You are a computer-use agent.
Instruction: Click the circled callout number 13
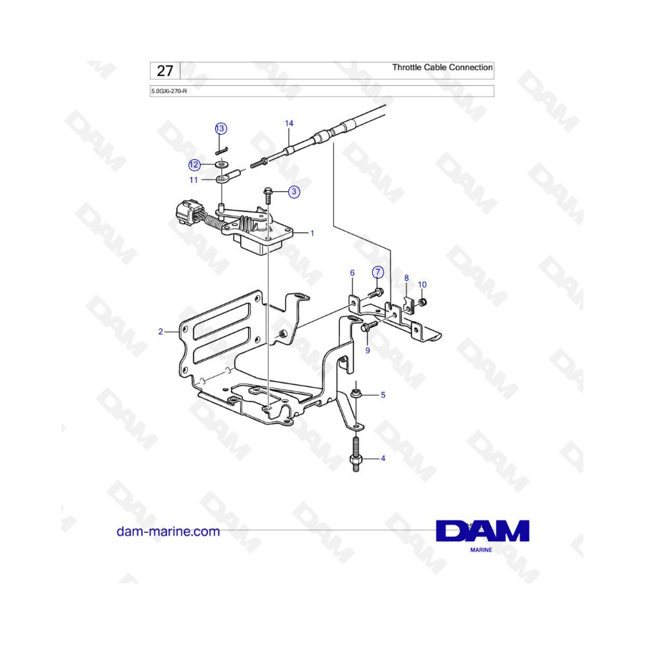(x=221, y=129)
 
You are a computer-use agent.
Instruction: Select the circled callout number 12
(x=193, y=165)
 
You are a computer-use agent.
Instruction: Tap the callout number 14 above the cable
(x=290, y=123)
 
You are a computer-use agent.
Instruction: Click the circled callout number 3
(x=294, y=191)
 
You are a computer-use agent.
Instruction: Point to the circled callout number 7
(x=378, y=272)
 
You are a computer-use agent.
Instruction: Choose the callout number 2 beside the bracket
(x=161, y=332)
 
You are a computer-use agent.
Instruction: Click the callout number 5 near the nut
(x=383, y=395)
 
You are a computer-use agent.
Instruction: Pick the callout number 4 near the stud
(x=383, y=458)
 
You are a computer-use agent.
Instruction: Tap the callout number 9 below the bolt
(x=368, y=350)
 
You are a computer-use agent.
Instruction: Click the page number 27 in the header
(x=165, y=71)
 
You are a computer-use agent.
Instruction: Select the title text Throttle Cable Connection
(x=442, y=67)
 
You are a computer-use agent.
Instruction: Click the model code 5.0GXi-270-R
(x=169, y=91)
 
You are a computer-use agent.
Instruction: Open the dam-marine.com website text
(x=168, y=532)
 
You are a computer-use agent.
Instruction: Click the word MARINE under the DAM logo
(x=481, y=550)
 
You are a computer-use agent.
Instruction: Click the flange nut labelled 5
(x=355, y=393)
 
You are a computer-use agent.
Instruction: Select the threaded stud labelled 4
(x=356, y=454)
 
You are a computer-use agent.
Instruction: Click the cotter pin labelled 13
(x=221, y=150)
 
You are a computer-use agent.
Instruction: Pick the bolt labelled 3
(x=267, y=196)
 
